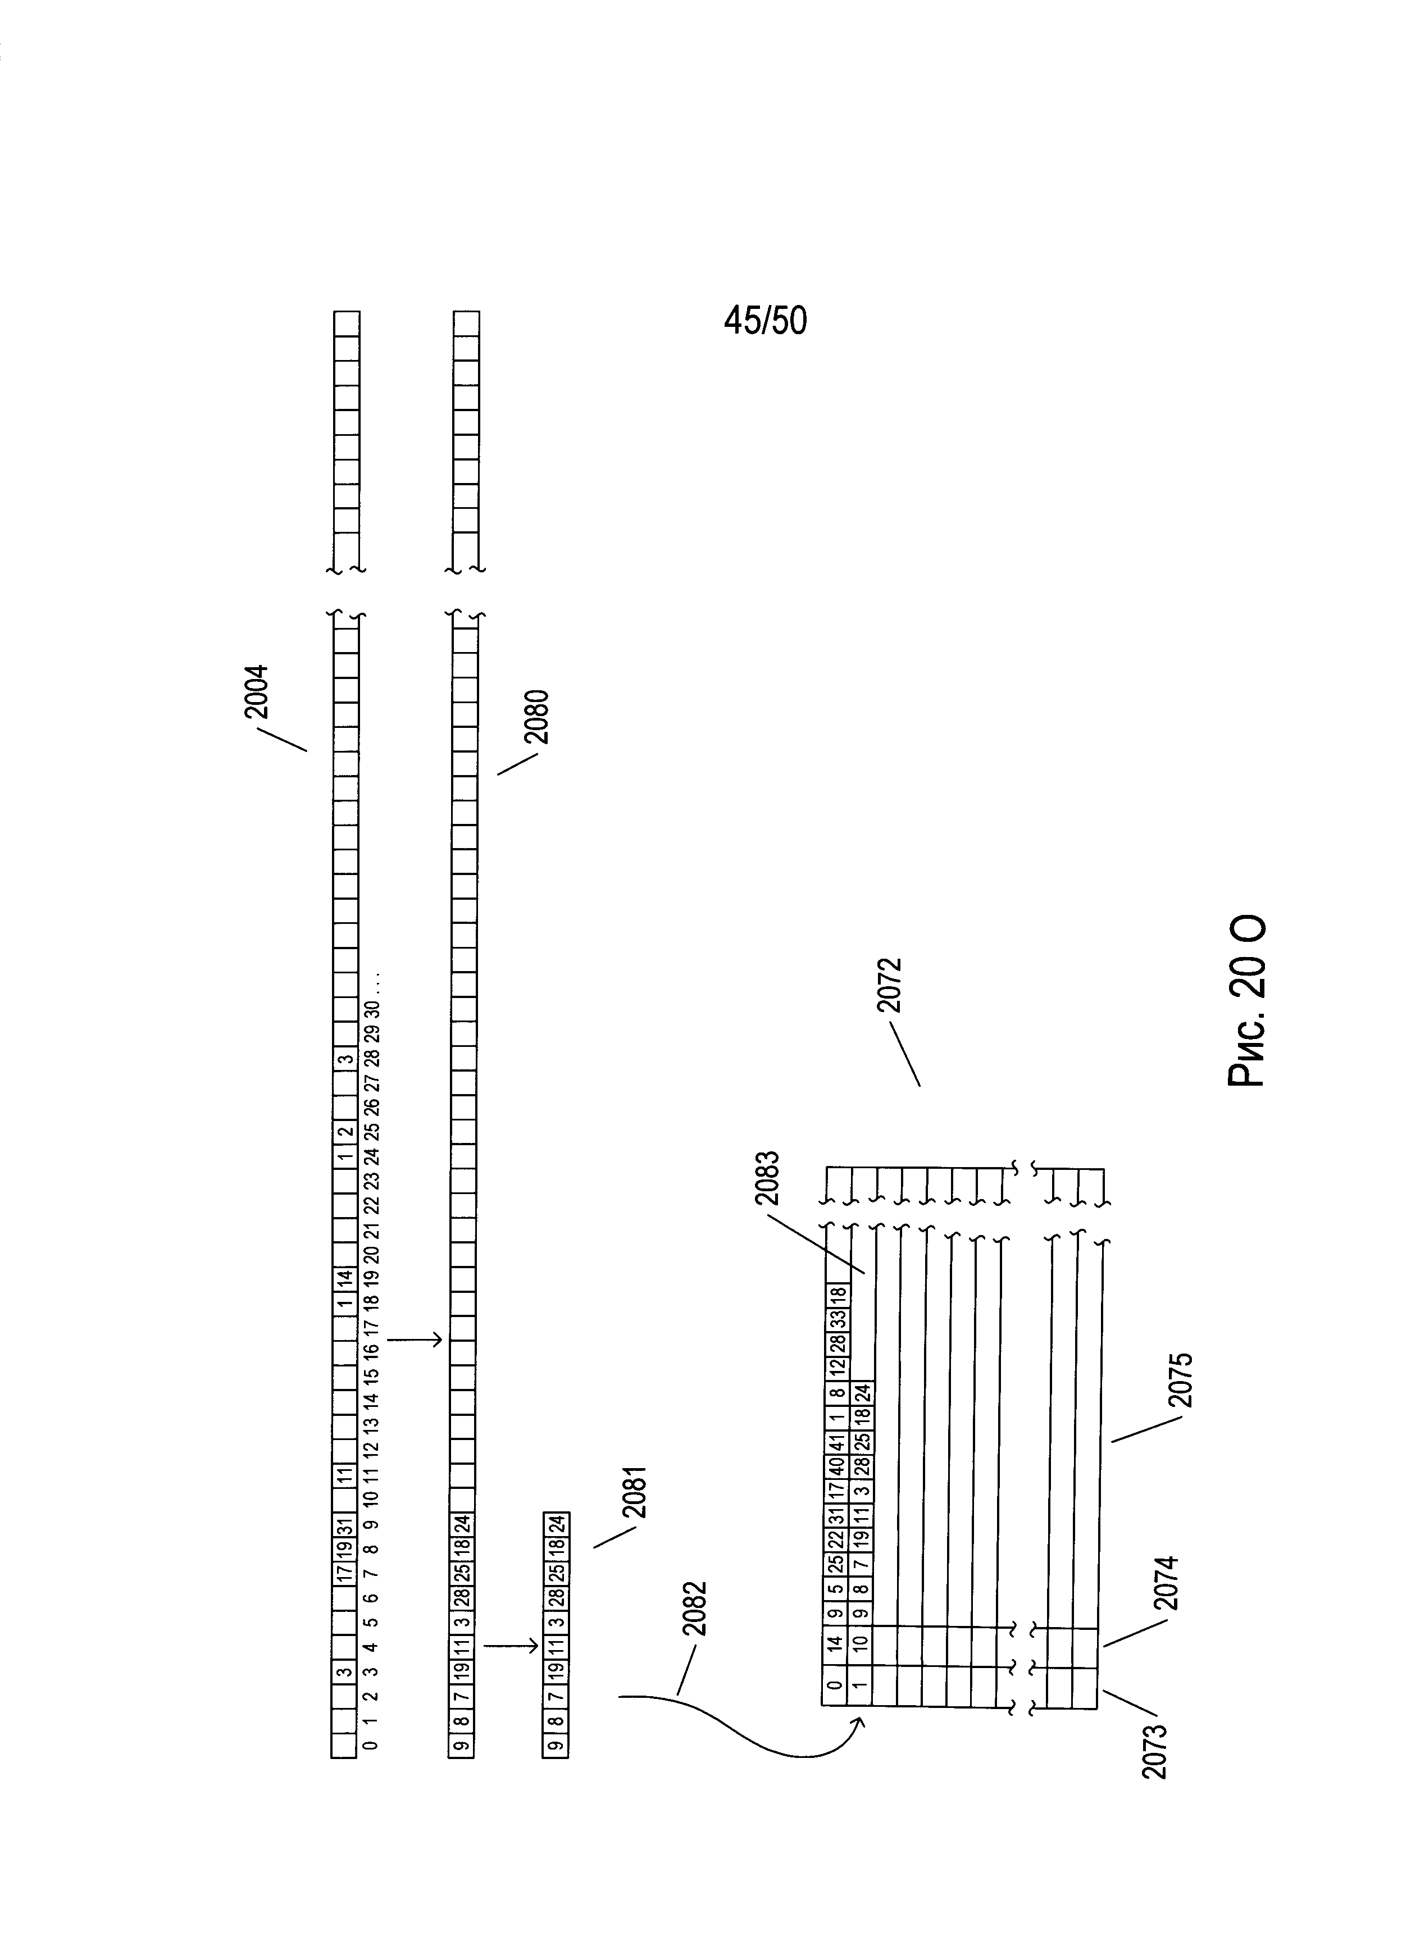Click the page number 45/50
tap(765, 321)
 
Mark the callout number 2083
tap(766, 1178)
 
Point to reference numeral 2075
tap(1180, 1381)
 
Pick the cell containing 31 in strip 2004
tap(344, 1524)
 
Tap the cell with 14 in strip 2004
tap(344, 1276)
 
